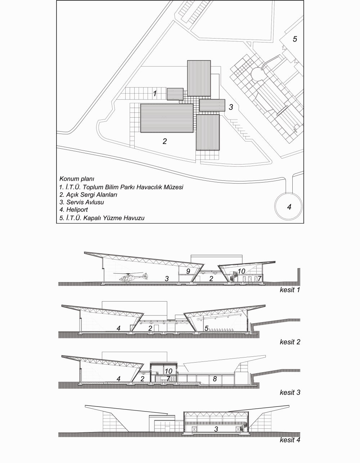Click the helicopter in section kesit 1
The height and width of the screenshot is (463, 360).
131,277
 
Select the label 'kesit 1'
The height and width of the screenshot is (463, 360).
290,290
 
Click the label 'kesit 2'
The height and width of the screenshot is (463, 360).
290,342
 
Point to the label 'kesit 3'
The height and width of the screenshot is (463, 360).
290,392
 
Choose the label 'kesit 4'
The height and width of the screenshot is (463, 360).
290,440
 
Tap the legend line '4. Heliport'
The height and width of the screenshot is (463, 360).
74,210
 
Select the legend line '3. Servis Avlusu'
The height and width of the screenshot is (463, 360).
82,202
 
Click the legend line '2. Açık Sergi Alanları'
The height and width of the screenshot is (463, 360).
89,194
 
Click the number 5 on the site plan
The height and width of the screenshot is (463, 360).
295,39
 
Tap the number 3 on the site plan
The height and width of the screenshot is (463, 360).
231,107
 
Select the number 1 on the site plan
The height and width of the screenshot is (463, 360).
154,94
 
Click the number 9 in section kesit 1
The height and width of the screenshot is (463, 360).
188,270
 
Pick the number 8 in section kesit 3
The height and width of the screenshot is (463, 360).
215,379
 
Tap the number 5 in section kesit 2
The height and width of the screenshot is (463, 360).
206,328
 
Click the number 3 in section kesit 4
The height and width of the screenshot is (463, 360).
216,429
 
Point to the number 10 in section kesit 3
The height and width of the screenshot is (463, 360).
168,371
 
